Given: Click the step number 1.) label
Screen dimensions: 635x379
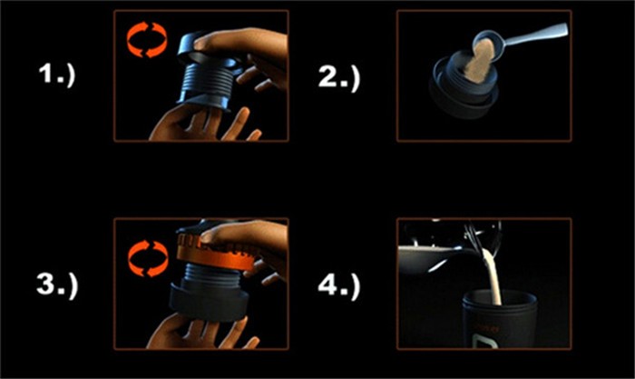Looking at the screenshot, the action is (x=57, y=75).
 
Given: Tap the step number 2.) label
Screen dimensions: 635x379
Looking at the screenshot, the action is (x=339, y=77).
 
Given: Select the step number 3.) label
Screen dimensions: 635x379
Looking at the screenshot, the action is (x=57, y=285).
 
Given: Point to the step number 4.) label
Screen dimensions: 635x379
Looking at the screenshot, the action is (x=339, y=285).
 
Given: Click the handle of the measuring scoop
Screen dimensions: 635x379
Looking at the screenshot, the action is (x=534, y=34).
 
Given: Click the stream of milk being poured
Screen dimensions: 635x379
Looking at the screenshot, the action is (x=494, y=276).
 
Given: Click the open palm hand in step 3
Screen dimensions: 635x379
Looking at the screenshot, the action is (x=202, y=333).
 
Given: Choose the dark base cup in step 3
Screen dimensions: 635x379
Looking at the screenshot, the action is (x=209, y=303).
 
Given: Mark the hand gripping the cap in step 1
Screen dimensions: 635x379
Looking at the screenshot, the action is (x=247, y=53).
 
